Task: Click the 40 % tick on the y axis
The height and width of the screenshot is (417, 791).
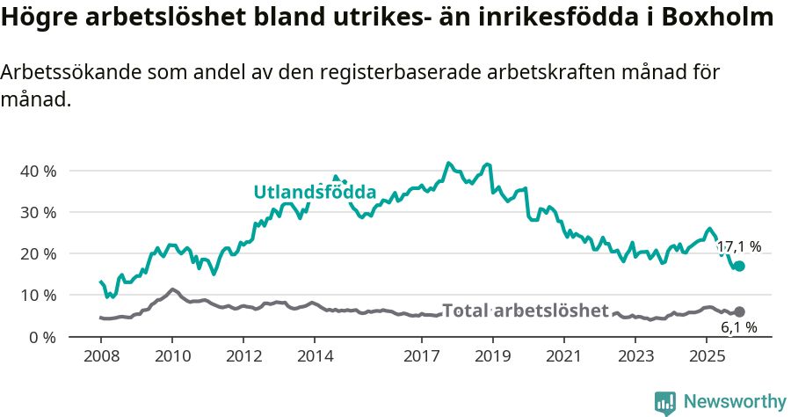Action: coord(37,171)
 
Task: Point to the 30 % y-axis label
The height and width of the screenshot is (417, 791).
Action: coord(37,212)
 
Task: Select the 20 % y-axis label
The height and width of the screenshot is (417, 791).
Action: coord(37,253)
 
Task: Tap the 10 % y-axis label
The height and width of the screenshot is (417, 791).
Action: coord(37,295)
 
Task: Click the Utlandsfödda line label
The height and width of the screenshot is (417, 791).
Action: coord(315,192)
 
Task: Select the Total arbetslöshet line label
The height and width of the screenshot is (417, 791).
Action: coord(525,311)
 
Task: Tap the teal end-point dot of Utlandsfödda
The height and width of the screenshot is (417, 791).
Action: coord(739,266)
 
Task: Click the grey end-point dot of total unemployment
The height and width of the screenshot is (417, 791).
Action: coord(739,311)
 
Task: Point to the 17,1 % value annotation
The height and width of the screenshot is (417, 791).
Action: coord(738,247)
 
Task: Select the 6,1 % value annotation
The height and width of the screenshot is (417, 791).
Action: coord(738,328)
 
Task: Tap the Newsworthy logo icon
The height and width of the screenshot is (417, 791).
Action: coord(665,403)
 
